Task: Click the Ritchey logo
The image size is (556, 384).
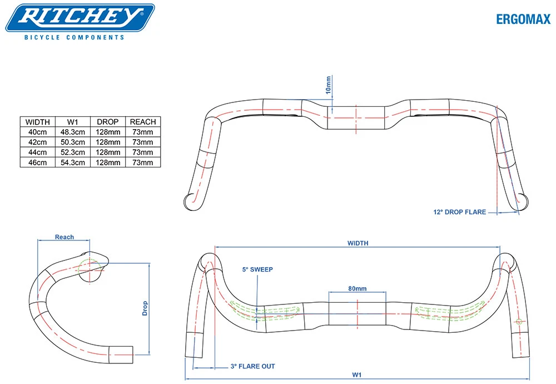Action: click(80, 17)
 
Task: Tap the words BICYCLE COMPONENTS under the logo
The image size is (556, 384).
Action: click(74, 37)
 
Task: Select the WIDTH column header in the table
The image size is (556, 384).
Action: click(38, 122)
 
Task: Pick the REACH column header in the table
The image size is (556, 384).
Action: click(143, 122)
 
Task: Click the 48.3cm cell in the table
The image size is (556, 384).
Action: click(73, 132)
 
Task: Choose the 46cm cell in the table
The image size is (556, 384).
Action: click(38, 162)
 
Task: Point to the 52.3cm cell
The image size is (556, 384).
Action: click(73, 152)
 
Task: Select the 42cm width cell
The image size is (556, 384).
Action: click(38, 142)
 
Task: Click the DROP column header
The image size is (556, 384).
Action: click(108, 122)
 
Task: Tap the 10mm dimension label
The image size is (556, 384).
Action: click(328, 85)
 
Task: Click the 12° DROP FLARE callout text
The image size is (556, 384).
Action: click(459, 211)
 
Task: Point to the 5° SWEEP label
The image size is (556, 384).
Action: click(257, 269)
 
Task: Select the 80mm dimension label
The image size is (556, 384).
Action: click(357, 288)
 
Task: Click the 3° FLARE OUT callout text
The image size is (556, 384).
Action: click(252, 366)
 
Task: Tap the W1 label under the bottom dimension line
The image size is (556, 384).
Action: click(356, 375)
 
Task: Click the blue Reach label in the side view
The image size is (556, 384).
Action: click(64, 237)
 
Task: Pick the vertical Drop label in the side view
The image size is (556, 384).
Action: click(145, 308)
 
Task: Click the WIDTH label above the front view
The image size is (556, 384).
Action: click(358, 243)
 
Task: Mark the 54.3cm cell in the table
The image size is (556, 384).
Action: click(73, 162)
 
